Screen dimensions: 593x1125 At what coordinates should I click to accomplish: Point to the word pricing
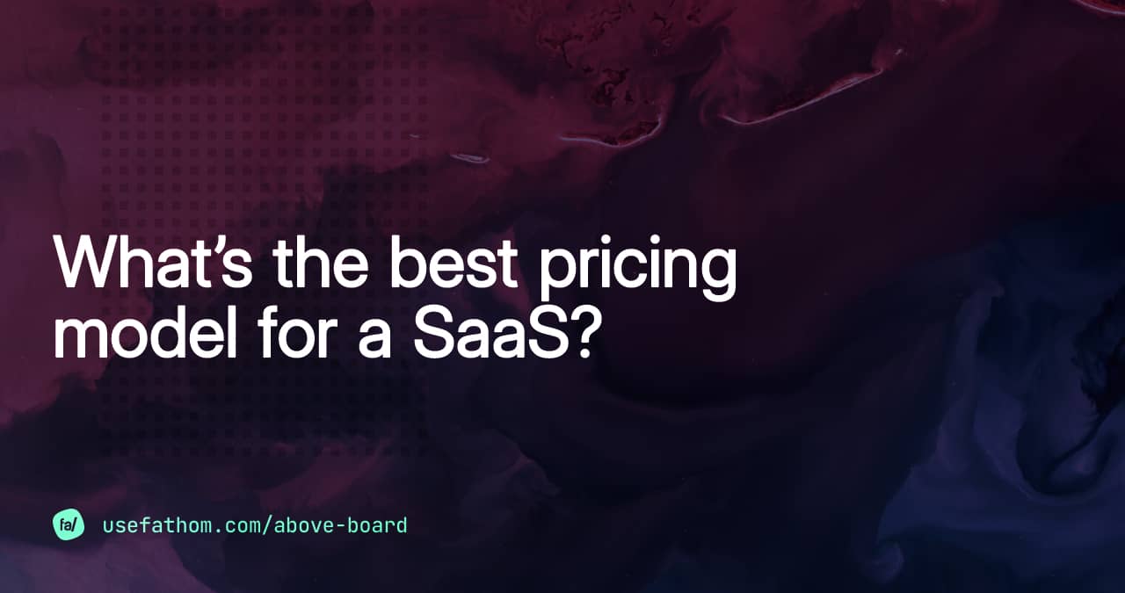637,268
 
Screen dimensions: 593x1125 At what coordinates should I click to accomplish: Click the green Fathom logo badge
69,525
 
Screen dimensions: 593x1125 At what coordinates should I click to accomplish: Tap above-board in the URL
341,525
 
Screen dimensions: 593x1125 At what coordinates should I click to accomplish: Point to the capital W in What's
89,264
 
